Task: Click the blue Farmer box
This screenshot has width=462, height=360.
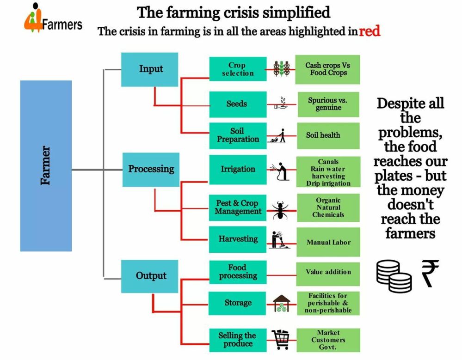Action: (46, 166)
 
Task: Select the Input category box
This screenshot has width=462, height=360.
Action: (150, 69)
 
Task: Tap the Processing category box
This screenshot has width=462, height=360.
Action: (151, 170)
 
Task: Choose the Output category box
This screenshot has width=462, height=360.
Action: (150, 276)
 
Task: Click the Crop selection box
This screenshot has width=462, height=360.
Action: (238, 69)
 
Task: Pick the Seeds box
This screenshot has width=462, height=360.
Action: (238, 104)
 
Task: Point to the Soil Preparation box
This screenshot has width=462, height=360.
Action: (238, 135)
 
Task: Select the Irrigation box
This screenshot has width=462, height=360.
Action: (238, 170)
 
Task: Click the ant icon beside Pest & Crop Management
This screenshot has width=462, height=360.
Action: (281, 209)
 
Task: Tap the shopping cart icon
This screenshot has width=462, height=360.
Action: (282, 340)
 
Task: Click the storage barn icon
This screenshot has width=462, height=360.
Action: (282, 304)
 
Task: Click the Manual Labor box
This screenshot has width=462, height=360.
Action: (328, 242)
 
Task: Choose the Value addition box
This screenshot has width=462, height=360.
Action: (328, 272)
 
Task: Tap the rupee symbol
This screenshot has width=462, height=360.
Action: (429, 273)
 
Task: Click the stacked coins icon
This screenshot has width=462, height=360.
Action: (393, 275)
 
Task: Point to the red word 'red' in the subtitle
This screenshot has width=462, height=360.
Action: (370, 32)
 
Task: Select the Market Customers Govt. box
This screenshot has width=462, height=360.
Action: (328, 340)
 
